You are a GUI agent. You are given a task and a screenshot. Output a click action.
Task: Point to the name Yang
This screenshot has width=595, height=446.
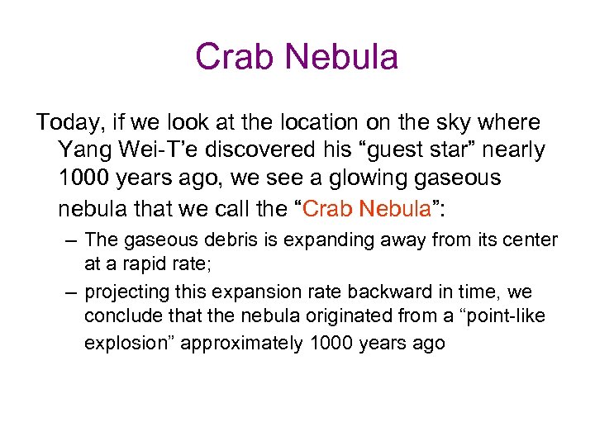click(83, 150)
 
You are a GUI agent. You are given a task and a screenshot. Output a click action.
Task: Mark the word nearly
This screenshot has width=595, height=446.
click(513, 150)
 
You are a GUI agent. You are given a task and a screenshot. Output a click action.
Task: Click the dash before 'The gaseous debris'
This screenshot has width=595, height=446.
click(71, 240)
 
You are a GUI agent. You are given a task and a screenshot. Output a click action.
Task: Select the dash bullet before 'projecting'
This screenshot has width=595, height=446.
click(71, 292)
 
